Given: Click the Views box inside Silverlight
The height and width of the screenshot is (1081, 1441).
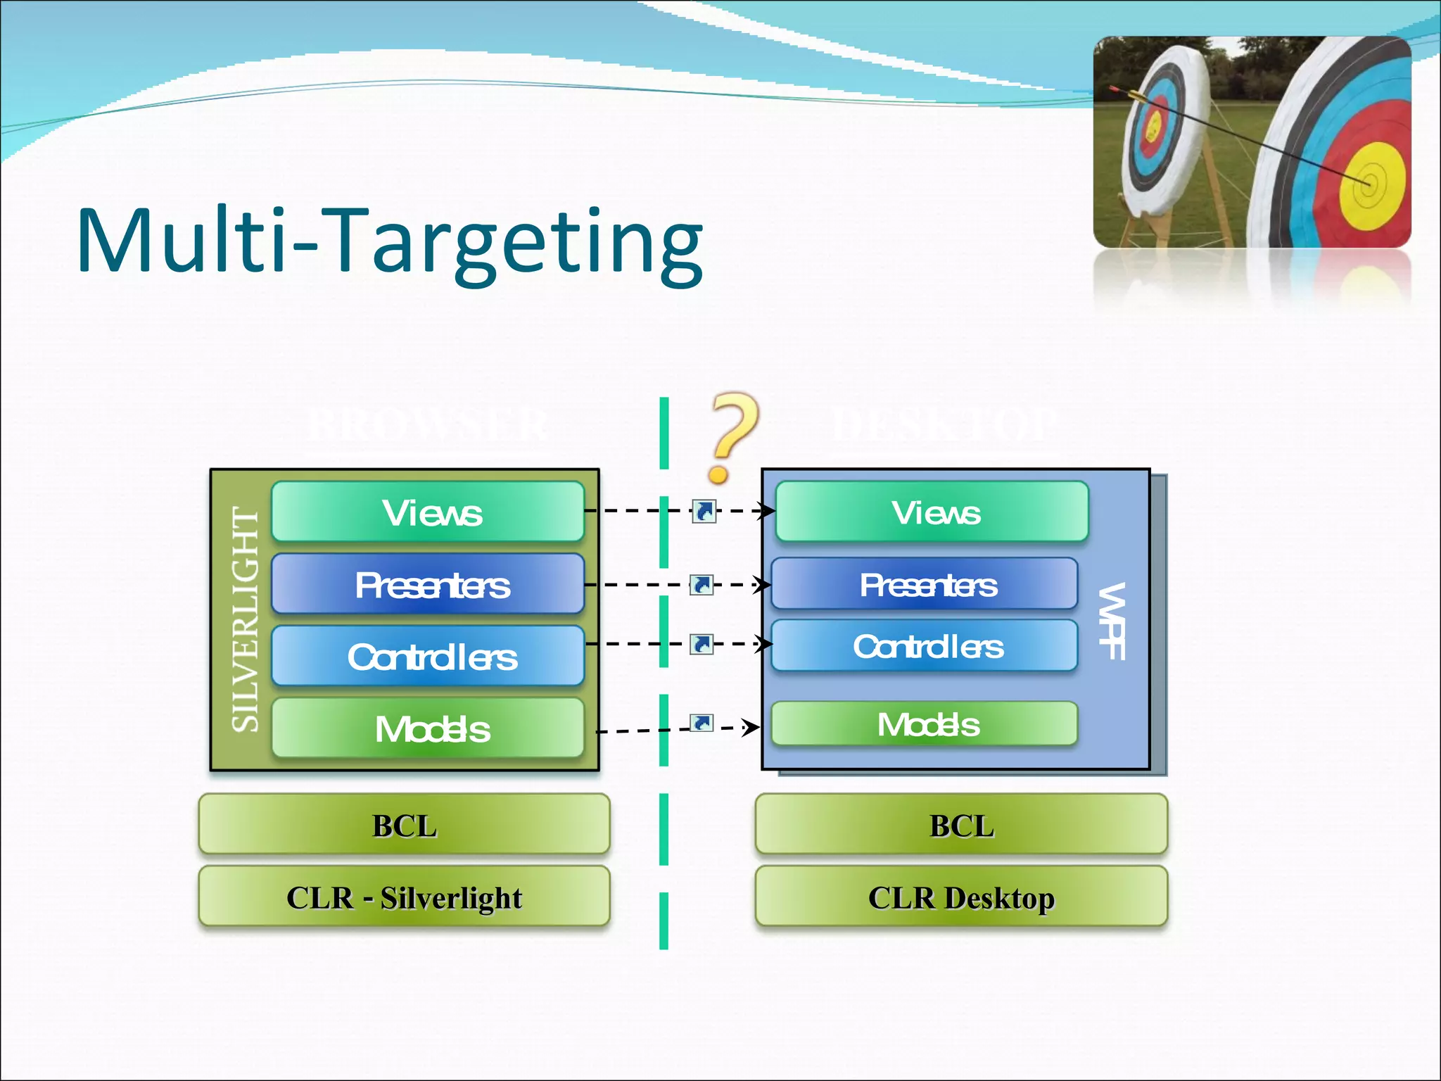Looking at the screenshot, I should (x=428, y=512).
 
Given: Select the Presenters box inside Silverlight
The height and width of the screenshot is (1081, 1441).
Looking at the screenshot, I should (x=428, y=583).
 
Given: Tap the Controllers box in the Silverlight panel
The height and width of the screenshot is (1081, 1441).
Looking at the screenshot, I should (x=428, y=655).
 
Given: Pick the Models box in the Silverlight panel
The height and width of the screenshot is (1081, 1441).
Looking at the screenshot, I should (x=428, y=728).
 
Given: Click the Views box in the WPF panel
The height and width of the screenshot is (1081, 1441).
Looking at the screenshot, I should (x=932, y=512).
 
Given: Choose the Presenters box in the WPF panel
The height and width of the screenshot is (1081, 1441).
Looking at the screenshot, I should (x=925, y=583).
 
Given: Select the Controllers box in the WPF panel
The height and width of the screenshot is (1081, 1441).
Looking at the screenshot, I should (x=925, y=645).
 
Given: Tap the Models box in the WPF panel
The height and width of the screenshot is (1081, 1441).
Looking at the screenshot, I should (x=925, y=723).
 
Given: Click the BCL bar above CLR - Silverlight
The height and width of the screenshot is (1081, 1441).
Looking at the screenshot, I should (x=404, y=824).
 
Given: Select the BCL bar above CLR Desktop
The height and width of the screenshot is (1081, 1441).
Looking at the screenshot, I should (x=961, y=824).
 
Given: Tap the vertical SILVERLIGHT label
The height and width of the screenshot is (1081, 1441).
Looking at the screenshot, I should (x=246, y=619).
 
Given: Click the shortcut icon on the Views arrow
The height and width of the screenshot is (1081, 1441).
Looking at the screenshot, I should (x=704, y=511).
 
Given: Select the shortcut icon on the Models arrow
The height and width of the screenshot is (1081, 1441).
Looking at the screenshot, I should (x=702, y=723).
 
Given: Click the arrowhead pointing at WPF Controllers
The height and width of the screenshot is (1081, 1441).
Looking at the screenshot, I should (x=764, y=644).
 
